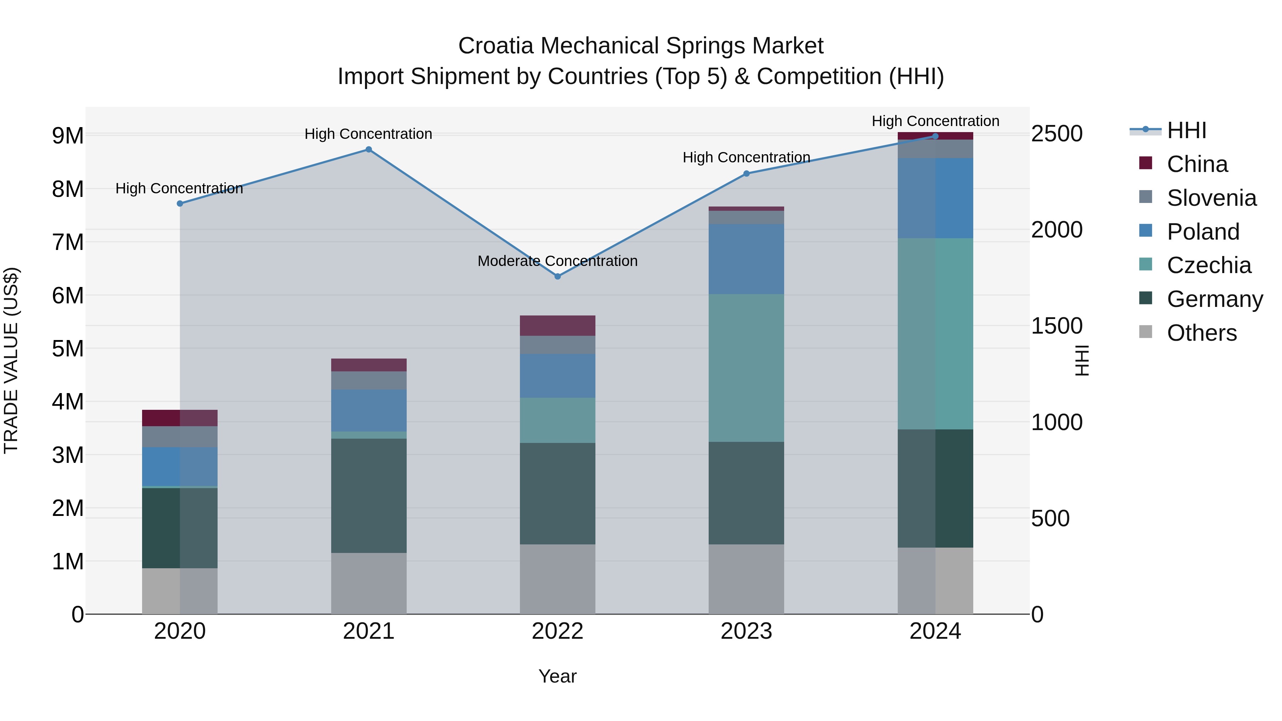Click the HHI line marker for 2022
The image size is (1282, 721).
tap(557, 276)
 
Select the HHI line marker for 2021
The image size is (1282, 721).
tap(369, 149)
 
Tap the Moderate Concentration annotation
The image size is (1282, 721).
tap(557, 261)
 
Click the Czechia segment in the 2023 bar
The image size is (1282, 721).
tap(746, 368)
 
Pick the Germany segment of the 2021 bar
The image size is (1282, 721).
tap(369, 495)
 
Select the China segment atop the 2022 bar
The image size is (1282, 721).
tap(557, 325)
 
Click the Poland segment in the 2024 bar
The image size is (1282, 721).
tap(935, 198)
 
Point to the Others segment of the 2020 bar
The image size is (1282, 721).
tap(180, 591)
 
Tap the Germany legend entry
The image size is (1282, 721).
tap(1214, 299)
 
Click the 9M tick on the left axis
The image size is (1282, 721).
tap(68, 135)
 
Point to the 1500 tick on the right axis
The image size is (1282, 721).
tap(1057, 326)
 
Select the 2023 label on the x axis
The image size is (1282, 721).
tap(746, 631)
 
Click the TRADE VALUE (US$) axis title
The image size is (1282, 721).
tap(11, 360)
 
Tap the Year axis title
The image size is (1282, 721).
tap(557, 676)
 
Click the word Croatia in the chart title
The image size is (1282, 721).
tap(496, 46)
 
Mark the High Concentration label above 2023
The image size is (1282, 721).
tap(746, 157)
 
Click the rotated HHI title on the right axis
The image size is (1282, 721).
tap(1082, 360)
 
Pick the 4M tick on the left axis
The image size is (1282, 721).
tap(68, 402)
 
